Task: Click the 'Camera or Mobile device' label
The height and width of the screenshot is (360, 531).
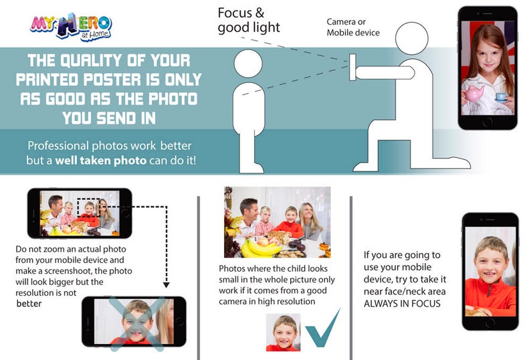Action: [352, 27]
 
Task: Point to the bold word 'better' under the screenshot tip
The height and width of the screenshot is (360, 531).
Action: [29, 303]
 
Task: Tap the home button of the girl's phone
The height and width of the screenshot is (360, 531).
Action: [488, 122]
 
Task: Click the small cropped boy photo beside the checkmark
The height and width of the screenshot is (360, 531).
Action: [282, 332]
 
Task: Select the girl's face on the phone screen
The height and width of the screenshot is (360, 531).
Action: [486, 57]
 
